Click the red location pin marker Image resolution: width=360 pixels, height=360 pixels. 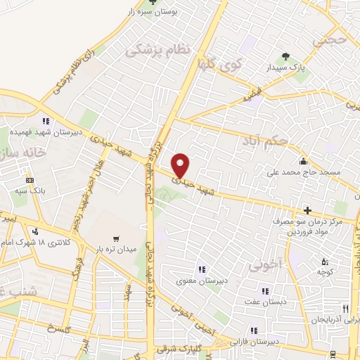181,165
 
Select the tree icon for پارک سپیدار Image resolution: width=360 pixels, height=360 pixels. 285,56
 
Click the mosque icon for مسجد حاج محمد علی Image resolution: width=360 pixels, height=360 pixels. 302,160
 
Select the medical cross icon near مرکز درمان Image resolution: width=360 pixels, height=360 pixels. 307,210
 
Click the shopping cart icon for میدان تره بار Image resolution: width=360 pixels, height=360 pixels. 116,239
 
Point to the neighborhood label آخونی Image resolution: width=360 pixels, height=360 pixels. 264,264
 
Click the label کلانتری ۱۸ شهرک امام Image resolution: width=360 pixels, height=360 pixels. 59,243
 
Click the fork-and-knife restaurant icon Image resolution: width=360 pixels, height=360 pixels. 345,308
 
